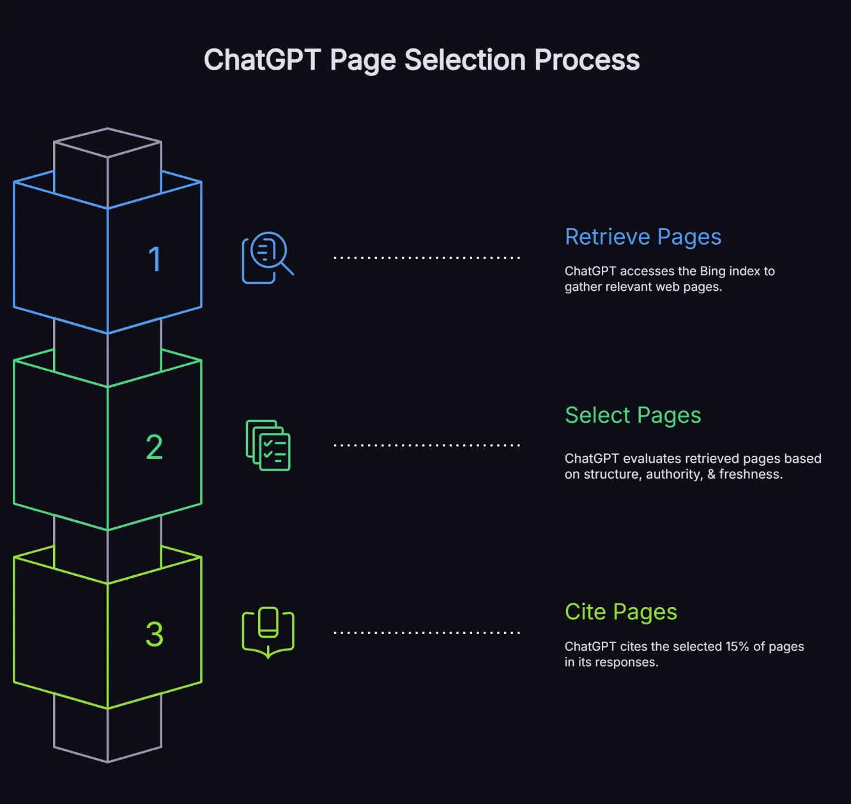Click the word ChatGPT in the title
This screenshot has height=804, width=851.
tap(262, 60)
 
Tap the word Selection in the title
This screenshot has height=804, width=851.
tap(465, 60)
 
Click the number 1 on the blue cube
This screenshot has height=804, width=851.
tap(155, 259)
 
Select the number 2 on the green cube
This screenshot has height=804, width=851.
tap(154, 447)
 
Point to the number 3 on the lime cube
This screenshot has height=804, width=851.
tap(154, 634)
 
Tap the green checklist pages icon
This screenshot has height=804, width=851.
tap(268, 445)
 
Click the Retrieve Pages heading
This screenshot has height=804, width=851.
tap(643, 237)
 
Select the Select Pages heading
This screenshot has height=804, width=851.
tap(632, 415)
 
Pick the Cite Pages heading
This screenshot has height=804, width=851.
tap(620, 612)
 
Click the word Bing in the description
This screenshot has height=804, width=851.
tap(712, 271)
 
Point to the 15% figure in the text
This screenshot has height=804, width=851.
tap(737, 646)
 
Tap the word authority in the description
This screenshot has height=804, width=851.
tap(673, 474)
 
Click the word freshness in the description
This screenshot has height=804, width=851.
tap(750, 474)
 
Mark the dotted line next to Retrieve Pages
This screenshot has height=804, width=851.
tap(427, 258)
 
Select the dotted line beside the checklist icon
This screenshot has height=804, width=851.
tap(427, 445)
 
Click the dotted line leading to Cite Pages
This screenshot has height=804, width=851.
tap(427, 633)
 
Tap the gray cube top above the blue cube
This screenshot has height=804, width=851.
tap(107, 142)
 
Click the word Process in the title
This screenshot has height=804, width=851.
tap(586, 60)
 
